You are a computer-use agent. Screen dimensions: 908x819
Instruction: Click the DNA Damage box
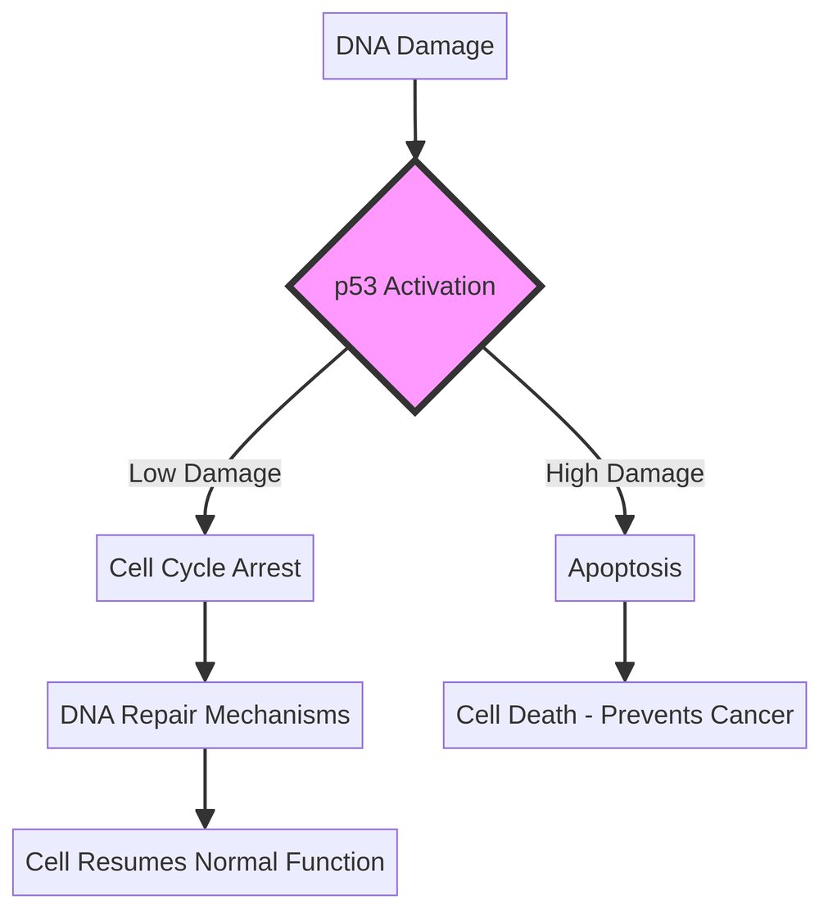414,46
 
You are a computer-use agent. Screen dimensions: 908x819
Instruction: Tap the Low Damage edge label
205,473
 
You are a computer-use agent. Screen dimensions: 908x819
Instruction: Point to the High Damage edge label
625,473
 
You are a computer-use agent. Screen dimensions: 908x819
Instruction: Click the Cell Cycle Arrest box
205,568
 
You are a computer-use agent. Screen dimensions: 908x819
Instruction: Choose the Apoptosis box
625,568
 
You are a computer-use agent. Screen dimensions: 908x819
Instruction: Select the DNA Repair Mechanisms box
205,715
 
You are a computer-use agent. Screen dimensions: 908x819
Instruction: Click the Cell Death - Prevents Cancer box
625,715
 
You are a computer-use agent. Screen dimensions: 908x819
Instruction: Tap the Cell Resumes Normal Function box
205,861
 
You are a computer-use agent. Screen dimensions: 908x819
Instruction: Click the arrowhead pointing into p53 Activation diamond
415,151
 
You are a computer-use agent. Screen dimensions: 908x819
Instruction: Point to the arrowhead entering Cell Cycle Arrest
204,525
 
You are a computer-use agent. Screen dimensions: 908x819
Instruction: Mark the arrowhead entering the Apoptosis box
625,525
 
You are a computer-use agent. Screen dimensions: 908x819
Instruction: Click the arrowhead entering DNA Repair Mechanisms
205,671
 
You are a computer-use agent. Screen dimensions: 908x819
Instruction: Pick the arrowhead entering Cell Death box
625,671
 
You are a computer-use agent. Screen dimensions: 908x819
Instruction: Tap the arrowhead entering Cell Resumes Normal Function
205,818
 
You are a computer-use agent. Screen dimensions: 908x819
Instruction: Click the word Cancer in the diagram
755,715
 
